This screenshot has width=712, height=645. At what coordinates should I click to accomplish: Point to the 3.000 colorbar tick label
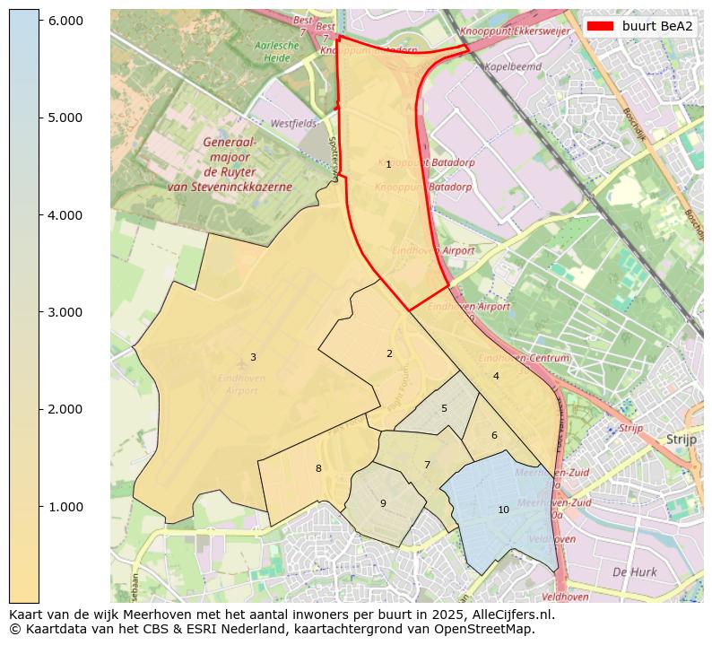(x=65, y=312)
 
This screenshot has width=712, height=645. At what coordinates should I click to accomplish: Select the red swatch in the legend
(x=600, y=26)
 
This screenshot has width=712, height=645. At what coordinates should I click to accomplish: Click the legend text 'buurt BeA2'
(x=657, y=26)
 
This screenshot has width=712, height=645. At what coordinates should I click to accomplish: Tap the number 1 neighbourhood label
(x=388, y=165)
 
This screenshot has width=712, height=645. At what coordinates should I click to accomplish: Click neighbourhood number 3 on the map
(x=253, y=358)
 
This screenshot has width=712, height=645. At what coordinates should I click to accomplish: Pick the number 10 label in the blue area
(x=503, y=510)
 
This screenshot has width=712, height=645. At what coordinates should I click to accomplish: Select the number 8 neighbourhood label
(x=318, y=469)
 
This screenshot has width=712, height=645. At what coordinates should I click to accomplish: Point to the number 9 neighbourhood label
(x=383, y=503)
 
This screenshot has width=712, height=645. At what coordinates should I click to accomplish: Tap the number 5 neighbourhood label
(x=444, y=409)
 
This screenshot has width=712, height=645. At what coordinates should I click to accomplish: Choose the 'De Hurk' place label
(x=634, y=572)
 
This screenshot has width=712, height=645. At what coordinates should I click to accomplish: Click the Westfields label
(x=293, y=123)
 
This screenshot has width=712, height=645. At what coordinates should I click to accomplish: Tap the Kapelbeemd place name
(x=512, y=66)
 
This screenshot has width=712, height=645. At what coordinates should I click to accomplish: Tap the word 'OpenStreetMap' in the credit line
(x=488, y=630)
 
